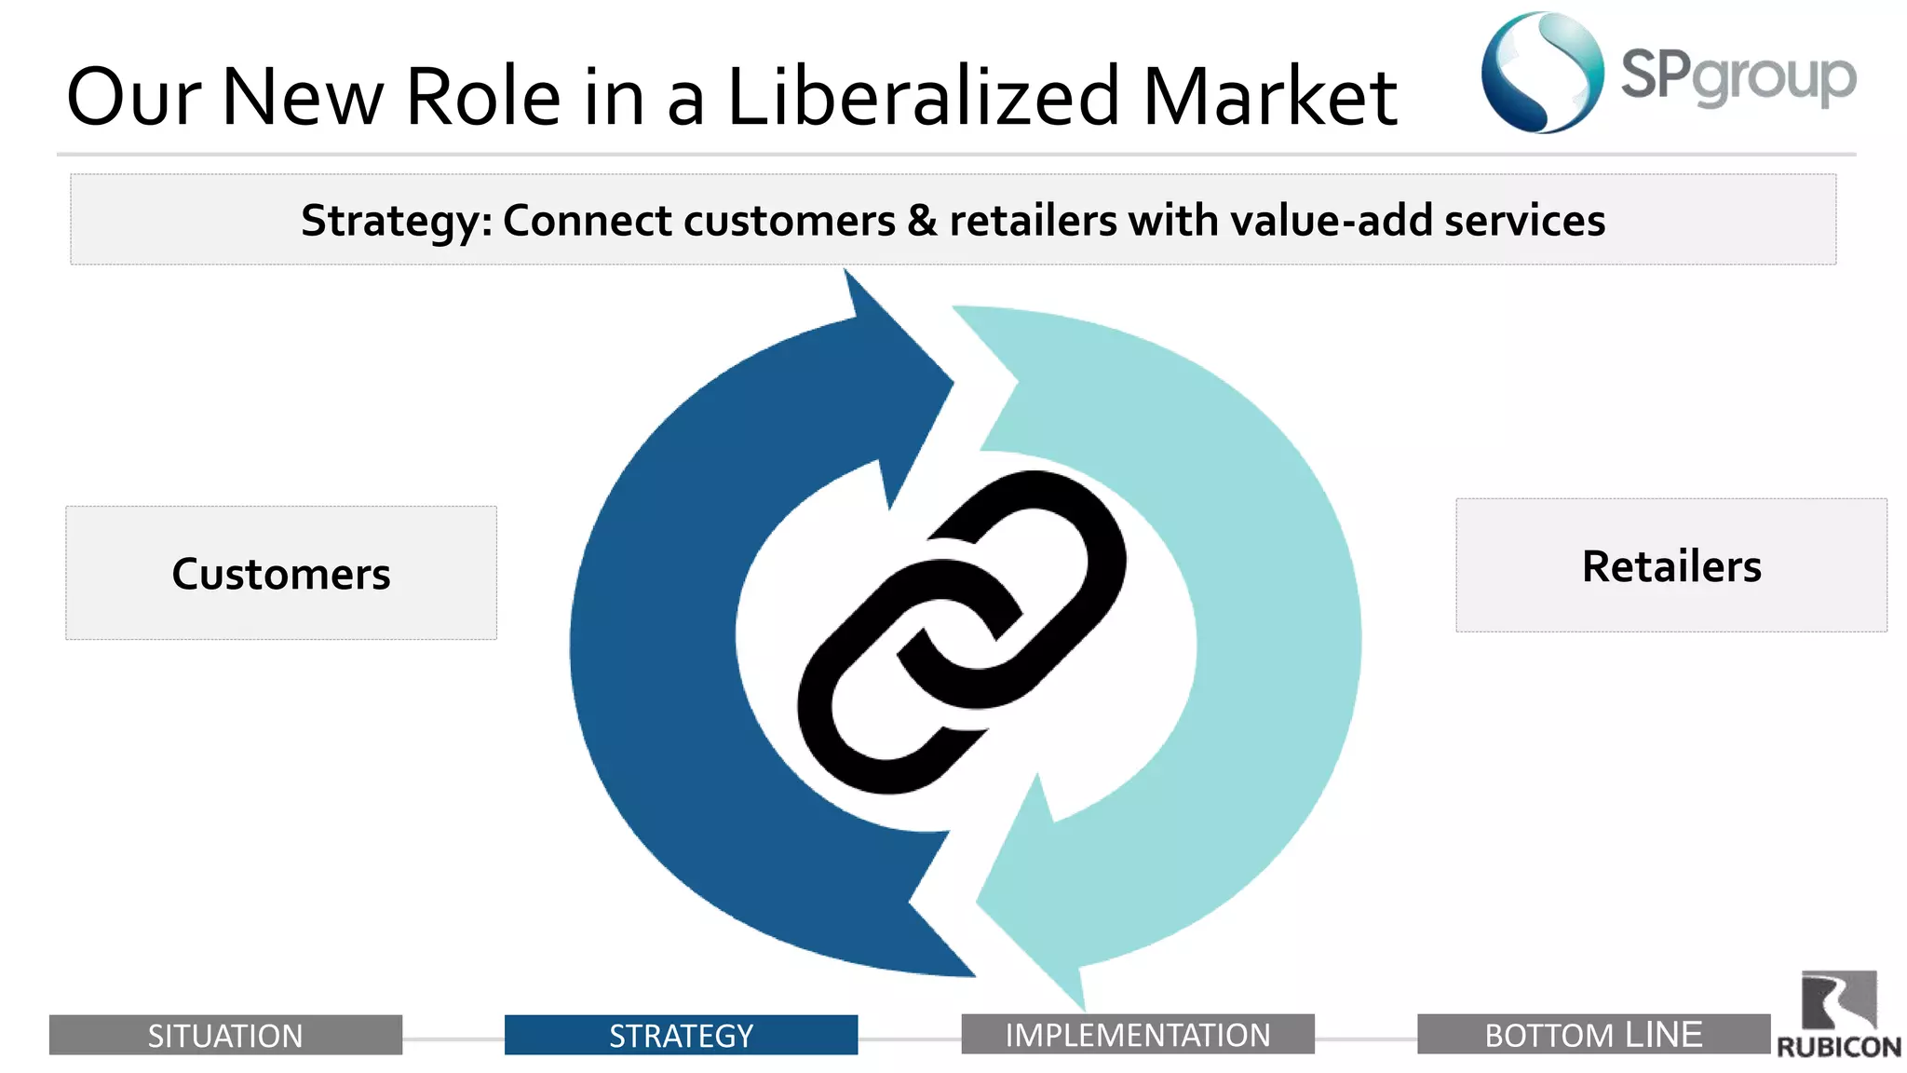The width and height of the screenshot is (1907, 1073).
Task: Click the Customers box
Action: [x=280, y=573]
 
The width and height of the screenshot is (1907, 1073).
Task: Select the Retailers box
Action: [x=1671, y=565]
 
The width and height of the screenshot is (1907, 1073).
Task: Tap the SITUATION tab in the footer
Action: [x=225, y=1035]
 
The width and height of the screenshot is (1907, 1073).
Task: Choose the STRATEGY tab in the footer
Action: [x=681, y=1035]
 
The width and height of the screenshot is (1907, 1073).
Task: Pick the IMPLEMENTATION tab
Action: [x=1137, y=1034]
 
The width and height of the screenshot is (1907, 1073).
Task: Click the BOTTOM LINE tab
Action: [x=1593, y=1034]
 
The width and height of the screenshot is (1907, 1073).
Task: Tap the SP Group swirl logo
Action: [x=1542, y=73]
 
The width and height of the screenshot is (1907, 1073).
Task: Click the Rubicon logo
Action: [x=1838, y=1015]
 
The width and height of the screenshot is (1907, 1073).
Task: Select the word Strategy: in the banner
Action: [x=396, y=222]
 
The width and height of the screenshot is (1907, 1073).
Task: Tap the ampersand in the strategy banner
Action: [x=922, y=221]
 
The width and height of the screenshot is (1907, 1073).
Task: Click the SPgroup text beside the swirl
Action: [x=1738, y=76]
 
